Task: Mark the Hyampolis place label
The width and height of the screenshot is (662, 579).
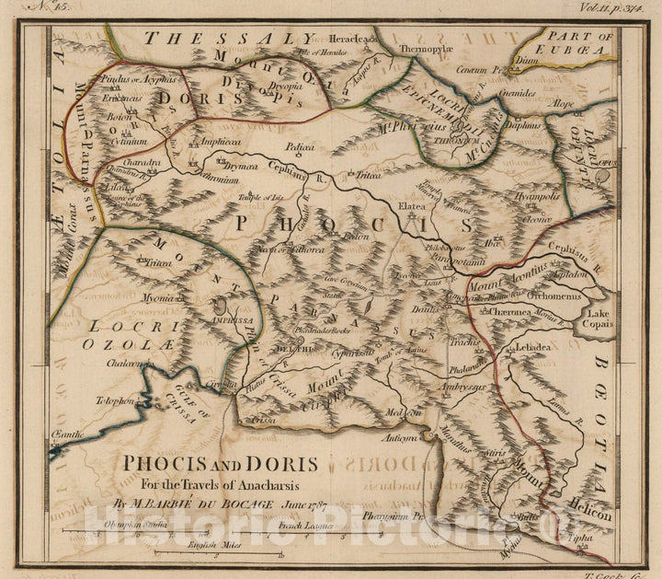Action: pos(537,196)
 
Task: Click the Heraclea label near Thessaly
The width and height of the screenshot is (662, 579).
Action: pos(351,40)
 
